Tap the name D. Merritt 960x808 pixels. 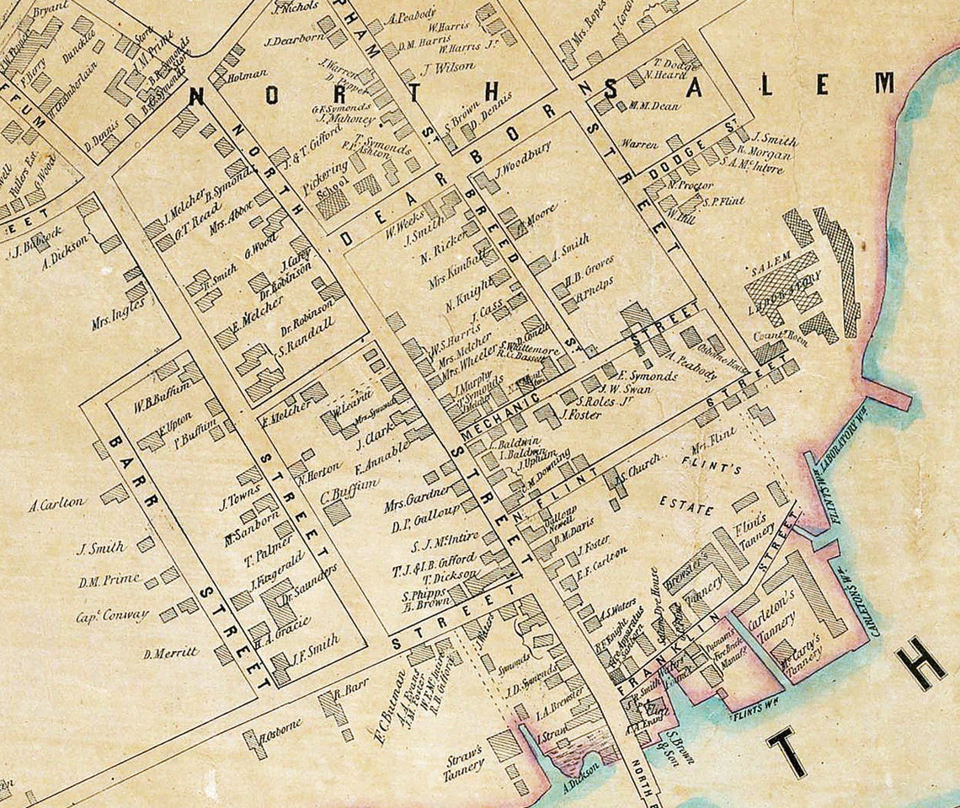(171, 652)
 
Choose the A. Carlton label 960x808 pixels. (56, 504)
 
